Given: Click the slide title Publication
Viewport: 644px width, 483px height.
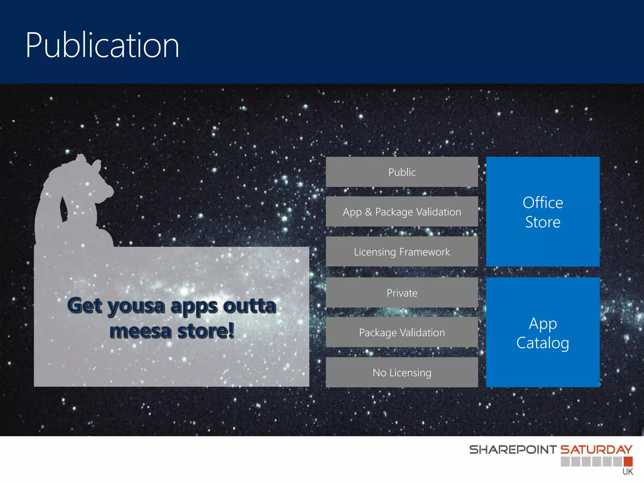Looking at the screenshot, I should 102,46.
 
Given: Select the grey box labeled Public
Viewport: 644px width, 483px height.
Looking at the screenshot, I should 402,172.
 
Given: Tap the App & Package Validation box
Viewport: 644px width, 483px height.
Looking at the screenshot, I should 402,212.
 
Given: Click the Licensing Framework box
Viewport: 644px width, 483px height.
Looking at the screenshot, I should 402,252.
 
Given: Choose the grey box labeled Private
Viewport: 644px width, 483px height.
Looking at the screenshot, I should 402,293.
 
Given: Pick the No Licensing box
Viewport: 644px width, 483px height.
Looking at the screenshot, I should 402,372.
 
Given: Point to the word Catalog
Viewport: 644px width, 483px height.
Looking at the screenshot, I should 542,343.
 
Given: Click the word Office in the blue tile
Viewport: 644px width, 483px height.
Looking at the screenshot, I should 542,203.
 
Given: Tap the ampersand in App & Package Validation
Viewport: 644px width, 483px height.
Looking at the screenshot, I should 368,212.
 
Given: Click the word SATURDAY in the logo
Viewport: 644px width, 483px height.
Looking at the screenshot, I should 596,449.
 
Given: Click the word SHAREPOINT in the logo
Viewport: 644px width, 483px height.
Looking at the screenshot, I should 513,450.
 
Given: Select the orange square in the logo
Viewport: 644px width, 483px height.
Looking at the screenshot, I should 628,461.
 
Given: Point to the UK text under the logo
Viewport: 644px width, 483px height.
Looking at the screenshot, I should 628,472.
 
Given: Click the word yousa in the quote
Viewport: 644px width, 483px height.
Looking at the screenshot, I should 136,306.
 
